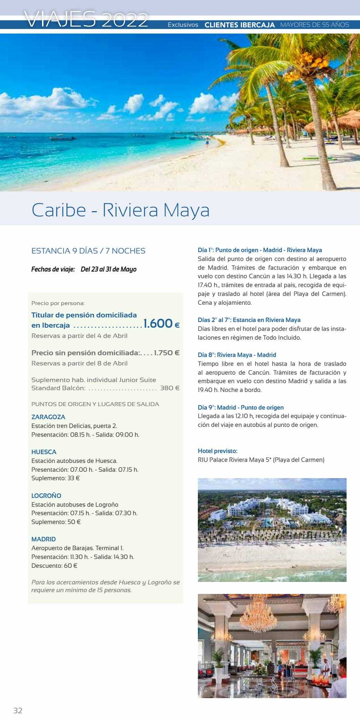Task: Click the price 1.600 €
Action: point(161,323)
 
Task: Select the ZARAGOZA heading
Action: point(48,417)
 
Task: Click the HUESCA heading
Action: point(44,452)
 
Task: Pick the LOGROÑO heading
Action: point(46,496)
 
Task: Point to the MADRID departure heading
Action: point(43,539)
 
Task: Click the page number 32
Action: point(18,710)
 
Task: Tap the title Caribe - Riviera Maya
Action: point(120,210)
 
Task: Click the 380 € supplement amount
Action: point(170,388)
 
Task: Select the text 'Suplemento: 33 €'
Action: point(55,478)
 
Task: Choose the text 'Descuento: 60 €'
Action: point(54,565)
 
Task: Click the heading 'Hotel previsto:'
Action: point(218,451)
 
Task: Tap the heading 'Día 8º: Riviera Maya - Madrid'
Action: point(237,355)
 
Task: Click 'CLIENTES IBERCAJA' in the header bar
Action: point(240,25)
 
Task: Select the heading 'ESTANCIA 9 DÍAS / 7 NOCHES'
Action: point(88,251)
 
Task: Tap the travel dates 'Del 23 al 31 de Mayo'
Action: point(108,269)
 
